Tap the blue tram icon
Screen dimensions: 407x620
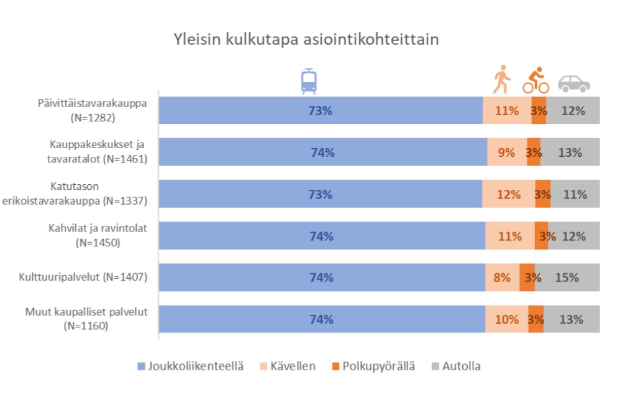pos(309,81)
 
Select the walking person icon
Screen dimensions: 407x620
pos(501,81)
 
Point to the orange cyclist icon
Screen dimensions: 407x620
pos(536,80)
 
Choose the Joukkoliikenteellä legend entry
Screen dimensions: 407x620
pos(186,366)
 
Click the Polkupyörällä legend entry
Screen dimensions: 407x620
pos(372,366)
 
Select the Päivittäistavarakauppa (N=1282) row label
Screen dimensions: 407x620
pos(91,110)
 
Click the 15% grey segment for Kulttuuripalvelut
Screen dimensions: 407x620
pos(567,278)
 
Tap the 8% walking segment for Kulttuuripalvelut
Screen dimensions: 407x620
pos(502,278)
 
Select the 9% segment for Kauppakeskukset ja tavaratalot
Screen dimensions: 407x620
pos(506,152)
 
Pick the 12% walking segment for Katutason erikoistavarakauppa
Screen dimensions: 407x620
pos(508,194)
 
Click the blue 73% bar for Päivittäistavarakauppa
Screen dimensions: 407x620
pos(321,111)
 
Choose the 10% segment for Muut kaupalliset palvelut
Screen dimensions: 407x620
pos(507,319)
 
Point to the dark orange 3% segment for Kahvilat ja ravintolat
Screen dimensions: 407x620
pos(541,236)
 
